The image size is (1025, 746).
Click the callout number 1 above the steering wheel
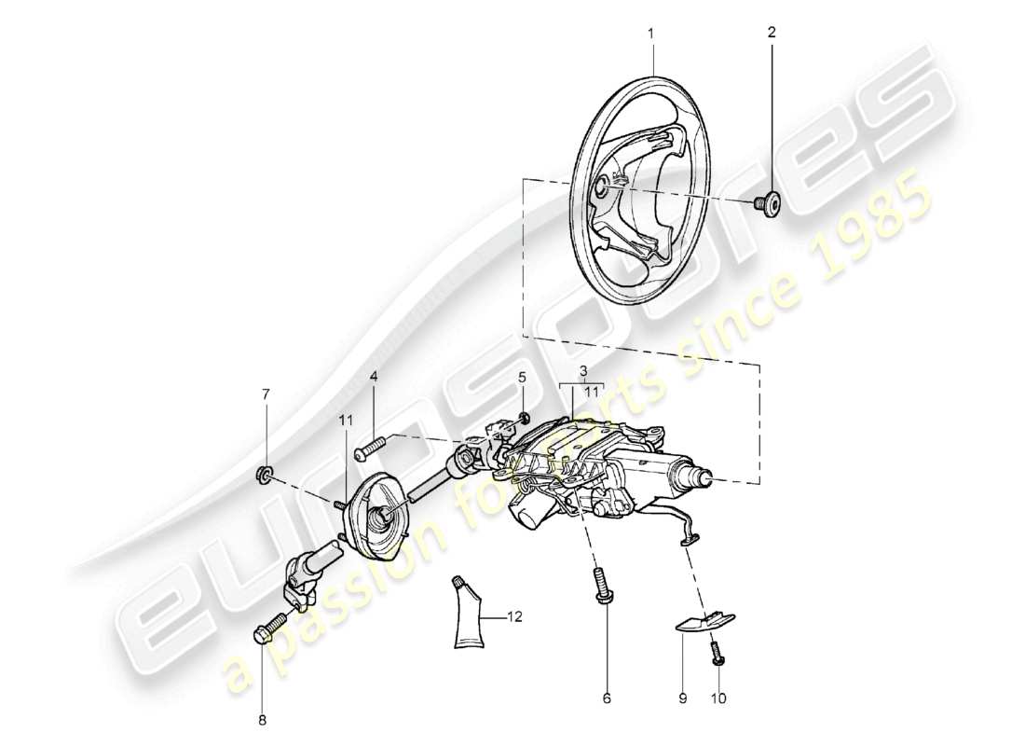pyautogui.click(x=651, y=33)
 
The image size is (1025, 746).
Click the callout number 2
pyautogui.click(x=771, y=33)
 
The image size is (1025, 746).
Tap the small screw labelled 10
pyautogui.click(x=718, y=653)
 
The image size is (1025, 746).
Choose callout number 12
pyautogui.click(x=513, y=616)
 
